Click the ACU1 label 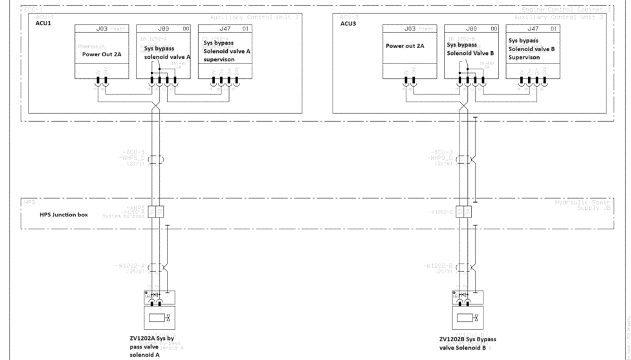pyautogui.click(x=43, y=23)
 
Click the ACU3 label pyautogui.click(x=349, y=23)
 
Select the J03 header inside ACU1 pyautogui.click(x=102, y=28)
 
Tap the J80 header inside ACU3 pyautogui.click(x=472, y=28)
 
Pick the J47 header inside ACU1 pyautogui.click(x=225, y=28)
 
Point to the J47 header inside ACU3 pyautogui.click(x=533, y=28)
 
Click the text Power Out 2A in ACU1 pyautogui.click(x=102, y=54)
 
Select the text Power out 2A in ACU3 pyautogui.click(x=405, y=46)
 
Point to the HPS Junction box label pyautogui.click(x=63, y=214)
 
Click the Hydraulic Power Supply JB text pyautogui.click(x=582, y=206)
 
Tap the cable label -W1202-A pyautogui.click(x=132, y=266)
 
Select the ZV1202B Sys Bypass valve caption pyautogui.click(x=467, y=343)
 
